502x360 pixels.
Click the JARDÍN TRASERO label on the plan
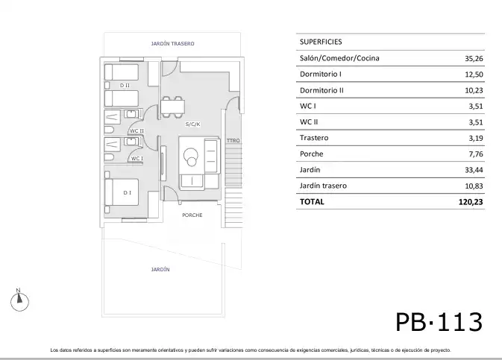click(x=172, y=43)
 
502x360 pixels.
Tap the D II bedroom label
click(x=125, y=86)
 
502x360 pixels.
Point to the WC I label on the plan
click(x=137, y=159)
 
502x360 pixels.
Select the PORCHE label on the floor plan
click(x=192, y=215)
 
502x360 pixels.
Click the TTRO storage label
click(x=233, y=140)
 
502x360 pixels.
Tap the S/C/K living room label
click(x=192, y=124)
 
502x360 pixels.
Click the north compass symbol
click(x=19, y=300)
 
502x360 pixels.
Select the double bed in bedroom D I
click(x=122, y=192)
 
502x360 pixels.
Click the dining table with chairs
click(x=172, y=107)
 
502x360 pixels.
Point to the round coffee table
click(x=191, y=157)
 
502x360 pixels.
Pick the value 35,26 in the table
click(x=474, y=59)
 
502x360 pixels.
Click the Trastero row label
click(x=314, y=138)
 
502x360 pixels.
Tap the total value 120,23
click(x=471, y=202)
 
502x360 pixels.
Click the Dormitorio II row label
click(x=321, y=90)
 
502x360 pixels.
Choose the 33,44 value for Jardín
click(x=474, y=170)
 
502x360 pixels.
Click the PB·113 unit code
click(x=439, y=322)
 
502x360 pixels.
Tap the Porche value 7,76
click(x=476, y=154)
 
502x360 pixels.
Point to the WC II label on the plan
click(x=137, y=131)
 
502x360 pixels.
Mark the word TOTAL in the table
click(x=312, y=202)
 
